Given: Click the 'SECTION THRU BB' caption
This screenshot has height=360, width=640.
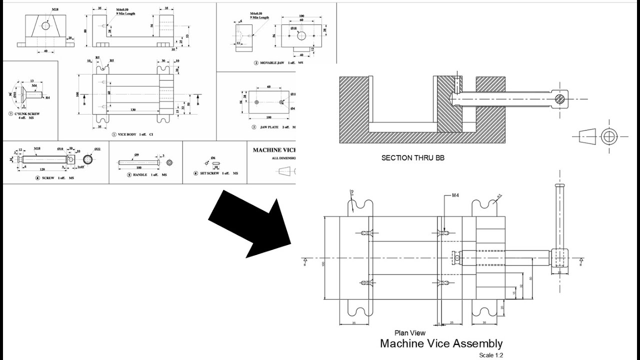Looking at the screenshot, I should pos(412,158).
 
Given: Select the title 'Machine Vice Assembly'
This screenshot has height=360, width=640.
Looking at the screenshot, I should pos(441,343).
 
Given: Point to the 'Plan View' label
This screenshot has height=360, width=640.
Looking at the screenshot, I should pos(409,333).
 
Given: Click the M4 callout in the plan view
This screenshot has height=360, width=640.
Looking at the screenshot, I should pos(455,195).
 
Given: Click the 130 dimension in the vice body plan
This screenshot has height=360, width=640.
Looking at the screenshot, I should pos(132,109).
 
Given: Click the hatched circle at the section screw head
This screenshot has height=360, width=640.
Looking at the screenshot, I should pos(560,98).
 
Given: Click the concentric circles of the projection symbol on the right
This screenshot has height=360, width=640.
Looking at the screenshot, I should pos(609,136).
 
